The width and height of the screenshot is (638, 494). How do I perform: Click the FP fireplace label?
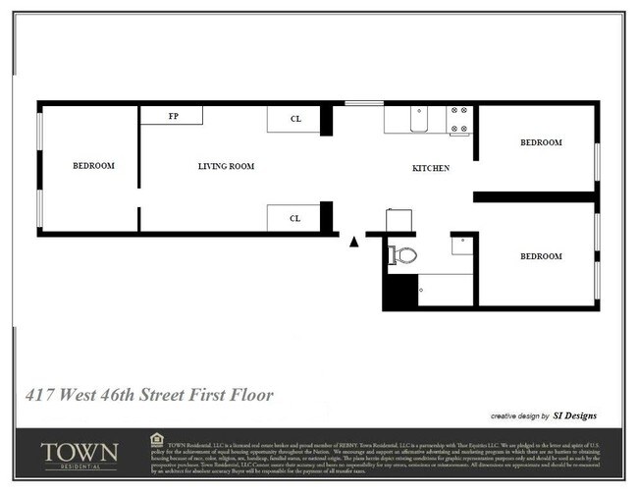pyautogui.click(x=174, y=116)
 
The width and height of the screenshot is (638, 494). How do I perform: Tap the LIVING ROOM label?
pyautogui.click(x=226, y=167)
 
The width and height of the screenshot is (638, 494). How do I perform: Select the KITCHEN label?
pyautogui.click(x=430, y=169)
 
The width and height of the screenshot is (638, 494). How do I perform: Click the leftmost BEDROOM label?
pyautogui.click(x=93, y=165)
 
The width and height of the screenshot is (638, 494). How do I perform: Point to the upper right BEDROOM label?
pyautogui.click(x=541, y=143)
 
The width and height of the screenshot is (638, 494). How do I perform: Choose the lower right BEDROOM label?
pyautogui.click(x=541, y=256)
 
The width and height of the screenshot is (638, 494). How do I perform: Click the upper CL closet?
pyautogui.click(x=294, y=119)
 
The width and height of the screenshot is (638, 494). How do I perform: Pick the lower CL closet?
pyautogui.click(x=294, y=218)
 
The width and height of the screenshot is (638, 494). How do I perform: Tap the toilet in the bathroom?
pyautogui.click(x=402, y=255)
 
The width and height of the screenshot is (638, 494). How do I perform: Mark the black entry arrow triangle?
pyautogui.click(x=354, y=241)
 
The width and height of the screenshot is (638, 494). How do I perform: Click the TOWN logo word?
pyautogui.click(x=80, y=452)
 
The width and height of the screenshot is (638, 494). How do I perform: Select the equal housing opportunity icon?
pyautogui.click(x=157, y=438)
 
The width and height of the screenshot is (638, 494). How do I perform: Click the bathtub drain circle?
pyautogui.click(x=420, y=290)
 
